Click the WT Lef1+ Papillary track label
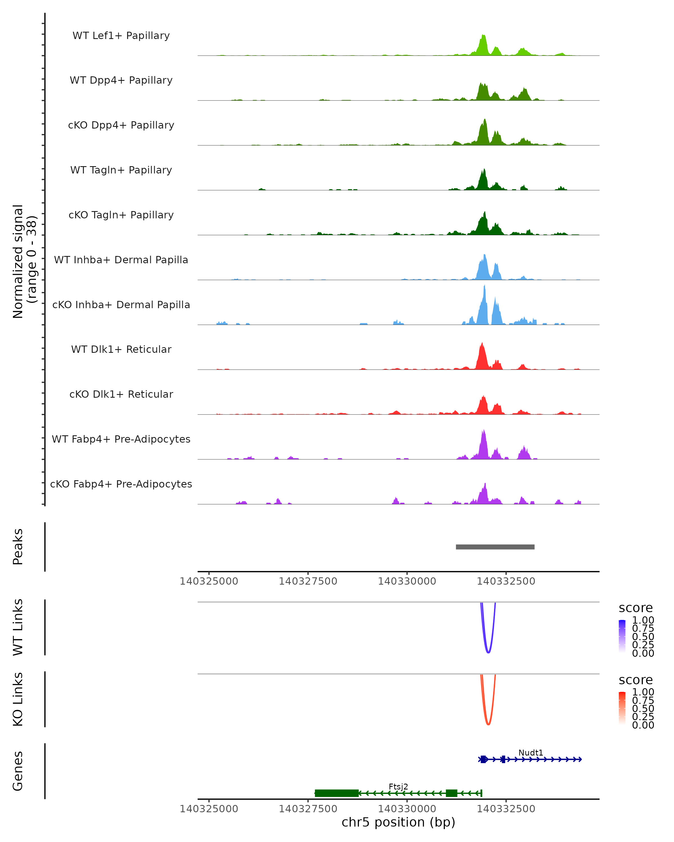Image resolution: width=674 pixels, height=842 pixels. pyautogui.click(x=121, y=36)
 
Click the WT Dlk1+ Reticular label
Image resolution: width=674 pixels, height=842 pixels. pyautogui.click(x=121, y=349)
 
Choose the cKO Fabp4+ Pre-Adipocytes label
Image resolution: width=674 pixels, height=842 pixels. pyautogui.click(x=121, y=484)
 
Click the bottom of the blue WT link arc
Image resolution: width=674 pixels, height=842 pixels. pyautogui.click(x=488, y=652)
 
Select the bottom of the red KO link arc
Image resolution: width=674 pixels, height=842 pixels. pyautogui.click(x=488, y=724)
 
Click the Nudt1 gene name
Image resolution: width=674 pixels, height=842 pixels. pyautogui.click(x=530, y=752)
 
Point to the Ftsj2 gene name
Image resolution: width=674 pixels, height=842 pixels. pyautogui.click(x=398, y=786)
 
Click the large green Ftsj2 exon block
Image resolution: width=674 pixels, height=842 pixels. pyautogui.click(x=336, y=793)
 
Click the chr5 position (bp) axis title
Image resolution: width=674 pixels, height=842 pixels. pyautogui.click(x=398, y=822)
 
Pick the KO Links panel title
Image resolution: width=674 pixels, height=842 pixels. pyautogui.click(x=18, y=699)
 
